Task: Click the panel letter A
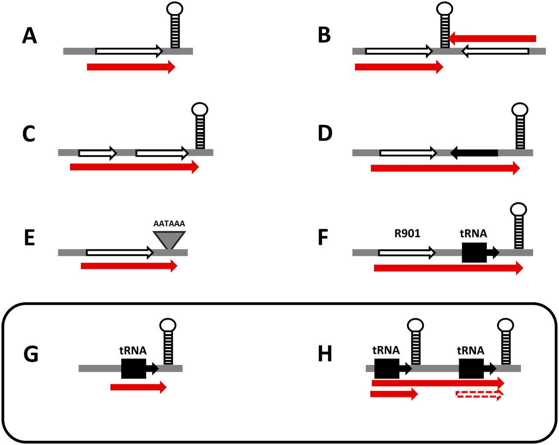tap(30, 36)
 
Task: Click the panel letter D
tap(325, 133)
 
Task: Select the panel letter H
tap(325, 354)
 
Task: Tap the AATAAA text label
tap(169, 224)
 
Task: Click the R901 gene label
tap(407, 234)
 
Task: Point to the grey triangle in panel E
tap(169, 239)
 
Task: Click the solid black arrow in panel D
tap(474, 153)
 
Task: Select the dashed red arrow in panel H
tap(479, 394)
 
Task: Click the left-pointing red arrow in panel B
tap(492, 38)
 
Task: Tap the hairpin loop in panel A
tap(175, 9)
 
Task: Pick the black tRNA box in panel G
tap(134, 369)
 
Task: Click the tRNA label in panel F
tap(473, 234)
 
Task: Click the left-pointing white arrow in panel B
tap(495, 52)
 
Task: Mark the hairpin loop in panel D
tap(520, 110)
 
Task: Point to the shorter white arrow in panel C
tap(98, 153)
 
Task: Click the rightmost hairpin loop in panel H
tap(506, 325)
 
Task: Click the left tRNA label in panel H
tap(386, 350)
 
